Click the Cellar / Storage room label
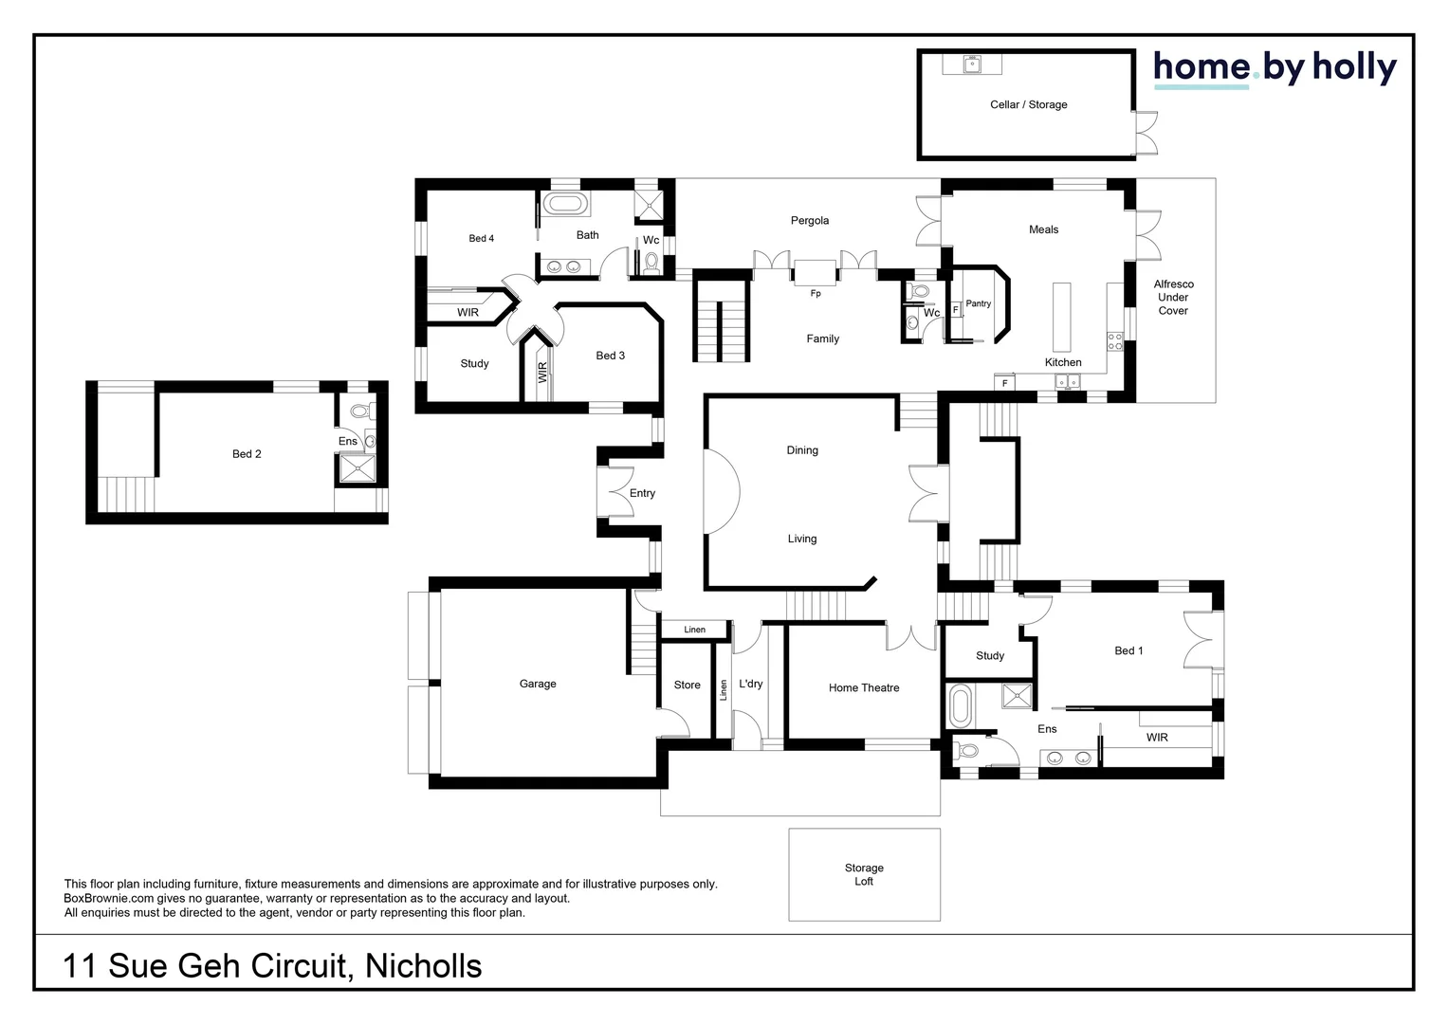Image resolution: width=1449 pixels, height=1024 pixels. click(1029, 105)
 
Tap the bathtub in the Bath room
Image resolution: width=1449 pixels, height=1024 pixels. click(565, 203)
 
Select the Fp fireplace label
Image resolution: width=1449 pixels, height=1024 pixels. click(816, 294)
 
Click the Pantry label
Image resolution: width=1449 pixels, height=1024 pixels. click(978, 303)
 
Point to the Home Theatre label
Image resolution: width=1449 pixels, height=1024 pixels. click(864, 687)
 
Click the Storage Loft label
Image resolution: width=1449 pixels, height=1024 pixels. click(864, 874)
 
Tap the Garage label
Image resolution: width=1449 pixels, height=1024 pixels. click(538, 684)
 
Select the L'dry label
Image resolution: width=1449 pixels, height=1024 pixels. click(751, 683)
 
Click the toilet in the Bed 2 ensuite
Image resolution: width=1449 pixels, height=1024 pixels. click(362, 411)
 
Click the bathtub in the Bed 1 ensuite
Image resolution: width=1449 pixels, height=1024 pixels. click(960, 706)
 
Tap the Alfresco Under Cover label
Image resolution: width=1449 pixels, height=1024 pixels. click(1173, 297)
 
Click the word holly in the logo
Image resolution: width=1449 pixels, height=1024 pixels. click(1354, 68)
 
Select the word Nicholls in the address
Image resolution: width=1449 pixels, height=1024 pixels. click(424, 966)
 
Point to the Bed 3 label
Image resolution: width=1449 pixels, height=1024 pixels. click(610, 356)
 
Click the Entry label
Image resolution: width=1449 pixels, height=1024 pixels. click(642, 493)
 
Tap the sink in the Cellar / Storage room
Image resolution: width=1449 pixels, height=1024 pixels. click(972, 64)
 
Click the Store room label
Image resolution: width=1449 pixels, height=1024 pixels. click(687, 685)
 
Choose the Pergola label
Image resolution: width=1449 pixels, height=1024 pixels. click(809, 221)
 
